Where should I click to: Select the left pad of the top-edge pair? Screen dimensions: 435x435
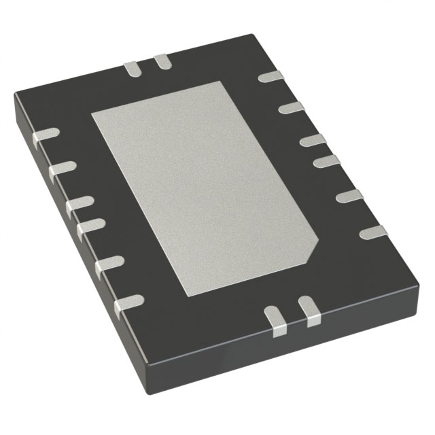(131, 67)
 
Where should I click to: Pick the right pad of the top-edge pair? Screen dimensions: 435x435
(162, 63)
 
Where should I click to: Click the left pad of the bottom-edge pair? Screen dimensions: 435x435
(275, 319)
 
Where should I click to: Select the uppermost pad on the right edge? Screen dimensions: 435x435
(271, 77)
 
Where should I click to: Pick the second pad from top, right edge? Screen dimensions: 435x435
(291, 107)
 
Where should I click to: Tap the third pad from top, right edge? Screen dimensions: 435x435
(312, 140)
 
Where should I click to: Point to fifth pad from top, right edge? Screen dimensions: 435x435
(349, 197)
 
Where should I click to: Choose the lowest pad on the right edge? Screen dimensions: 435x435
(372, 232)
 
